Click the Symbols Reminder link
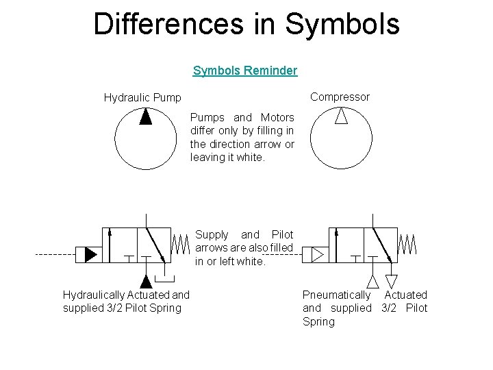pos(245,71)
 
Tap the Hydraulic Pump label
pos(142,97)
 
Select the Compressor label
pos(340,97)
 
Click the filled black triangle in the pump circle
pos(145,117)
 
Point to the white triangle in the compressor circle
pos(341,116)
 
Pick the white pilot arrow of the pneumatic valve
pos(317,255)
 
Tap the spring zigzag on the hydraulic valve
pos(179,243)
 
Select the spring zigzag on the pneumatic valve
pos(407,243)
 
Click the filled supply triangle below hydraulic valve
pos(145,281)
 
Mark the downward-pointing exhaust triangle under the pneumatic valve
pos(391,281)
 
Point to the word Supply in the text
pos(212,234)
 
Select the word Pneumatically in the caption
pos(336,295)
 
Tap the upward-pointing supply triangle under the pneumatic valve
pos(372,280)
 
